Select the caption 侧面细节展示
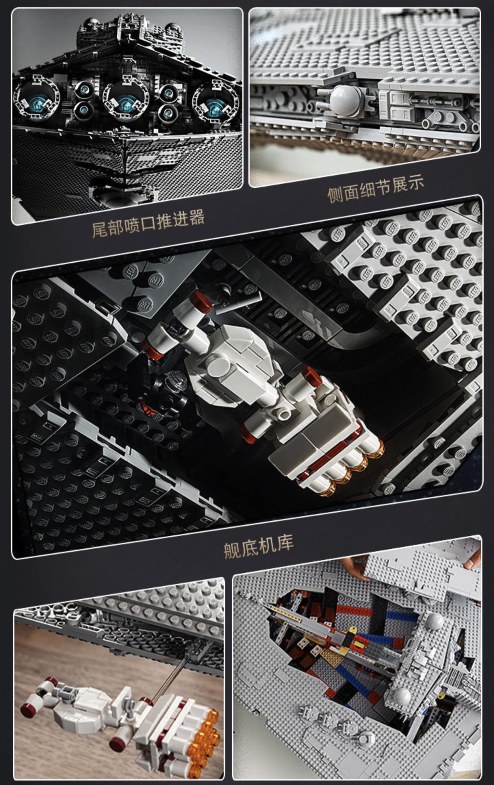tap(375, 190)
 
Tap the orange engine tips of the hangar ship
tap(356, 469)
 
